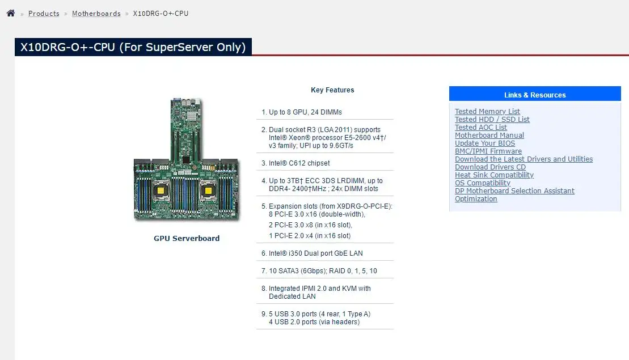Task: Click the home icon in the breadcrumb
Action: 11,13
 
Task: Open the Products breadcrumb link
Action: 44,14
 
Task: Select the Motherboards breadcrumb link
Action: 96,14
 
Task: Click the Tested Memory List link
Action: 487,112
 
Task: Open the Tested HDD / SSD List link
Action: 492,120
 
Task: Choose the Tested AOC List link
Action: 480,128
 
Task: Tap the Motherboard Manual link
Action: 489,135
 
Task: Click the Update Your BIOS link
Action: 484,143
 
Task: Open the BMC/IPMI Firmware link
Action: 488,151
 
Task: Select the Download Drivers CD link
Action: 490,167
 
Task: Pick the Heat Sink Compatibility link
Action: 494,175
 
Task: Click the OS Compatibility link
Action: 482,183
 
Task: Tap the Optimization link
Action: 476,199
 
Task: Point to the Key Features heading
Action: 332,90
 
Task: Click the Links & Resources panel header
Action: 535,95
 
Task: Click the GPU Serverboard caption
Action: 187,239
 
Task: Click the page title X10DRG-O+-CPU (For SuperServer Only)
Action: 133,47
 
